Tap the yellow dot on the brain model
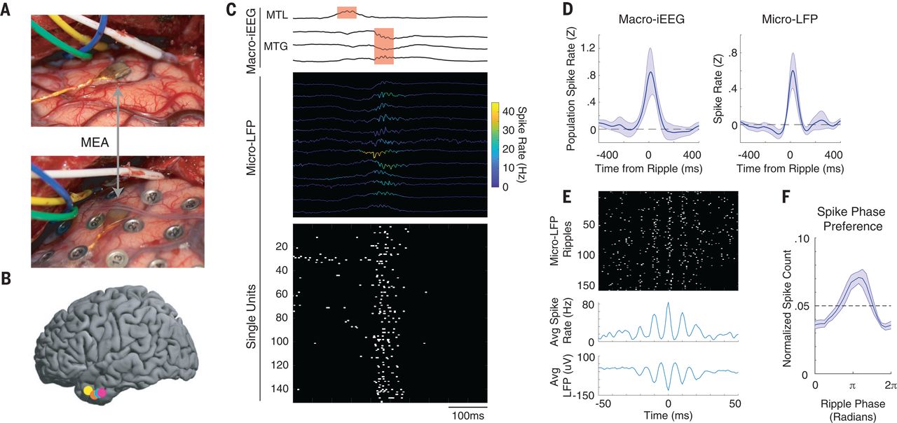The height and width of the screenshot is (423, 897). (x=88, y=391)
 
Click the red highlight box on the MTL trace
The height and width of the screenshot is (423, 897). (x=346, y=13)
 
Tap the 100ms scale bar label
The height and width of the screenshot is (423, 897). (x=467, y=416)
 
